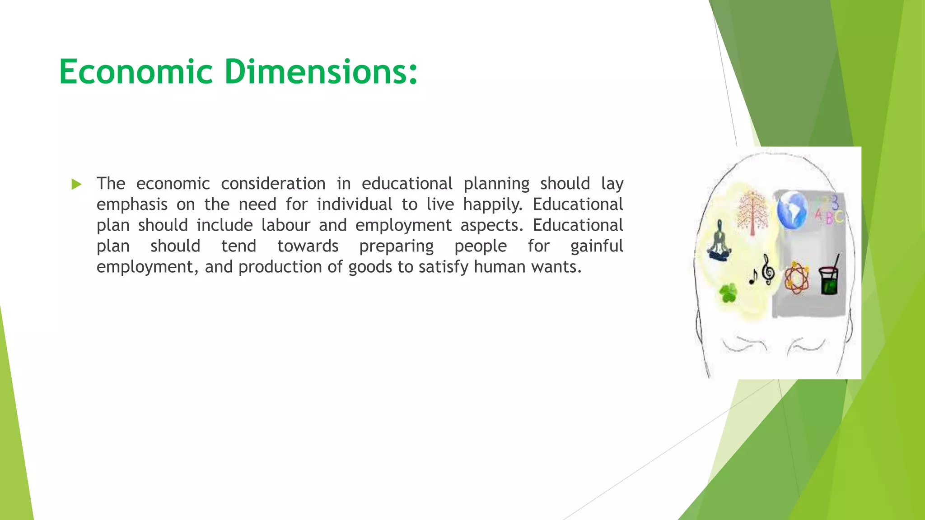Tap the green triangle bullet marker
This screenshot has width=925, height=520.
76,184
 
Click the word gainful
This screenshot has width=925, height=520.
596,246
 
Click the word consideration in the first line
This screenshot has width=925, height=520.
273,184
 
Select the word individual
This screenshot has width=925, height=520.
354,204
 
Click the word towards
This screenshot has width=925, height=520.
308,246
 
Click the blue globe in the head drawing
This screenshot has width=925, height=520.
792,210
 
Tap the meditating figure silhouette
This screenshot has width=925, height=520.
719,241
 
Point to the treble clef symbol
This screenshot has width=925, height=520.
768,269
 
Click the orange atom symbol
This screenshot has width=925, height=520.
796,278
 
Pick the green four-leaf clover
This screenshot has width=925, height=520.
728,293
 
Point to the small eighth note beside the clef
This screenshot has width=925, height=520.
753,276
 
